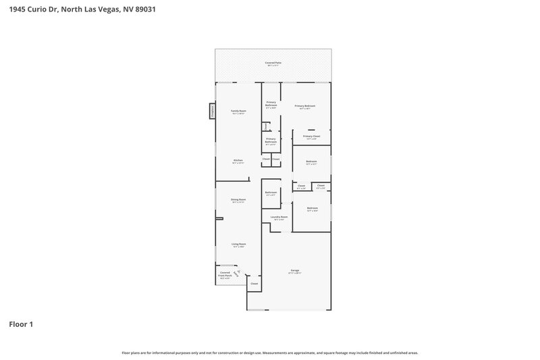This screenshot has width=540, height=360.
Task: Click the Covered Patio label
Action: coord(273,63)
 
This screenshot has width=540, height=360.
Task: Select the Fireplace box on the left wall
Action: coord(211,111)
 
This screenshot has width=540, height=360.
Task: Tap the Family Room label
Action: coord(238,111)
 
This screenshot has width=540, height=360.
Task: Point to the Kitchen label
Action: coord(238,161)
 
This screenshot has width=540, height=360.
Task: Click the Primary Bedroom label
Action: coord(305,106)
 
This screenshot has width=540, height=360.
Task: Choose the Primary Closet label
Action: coord(311,136)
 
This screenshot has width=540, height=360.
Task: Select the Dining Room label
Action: coord(238,200)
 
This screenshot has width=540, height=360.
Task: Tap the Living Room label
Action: coord(238,245)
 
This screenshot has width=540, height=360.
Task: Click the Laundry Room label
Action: coord(279,217)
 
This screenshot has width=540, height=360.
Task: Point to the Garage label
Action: coord(295,271)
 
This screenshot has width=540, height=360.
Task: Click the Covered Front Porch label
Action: coord(224,274)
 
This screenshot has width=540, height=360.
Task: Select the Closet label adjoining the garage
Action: coord(254,284)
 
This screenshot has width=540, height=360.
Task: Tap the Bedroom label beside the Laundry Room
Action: coord(312,208)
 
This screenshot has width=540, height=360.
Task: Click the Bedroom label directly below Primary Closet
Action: coord(311,162)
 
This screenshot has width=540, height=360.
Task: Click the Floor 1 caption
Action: coord(20,324)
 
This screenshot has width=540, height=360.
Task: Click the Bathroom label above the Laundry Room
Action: coord(271,192)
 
